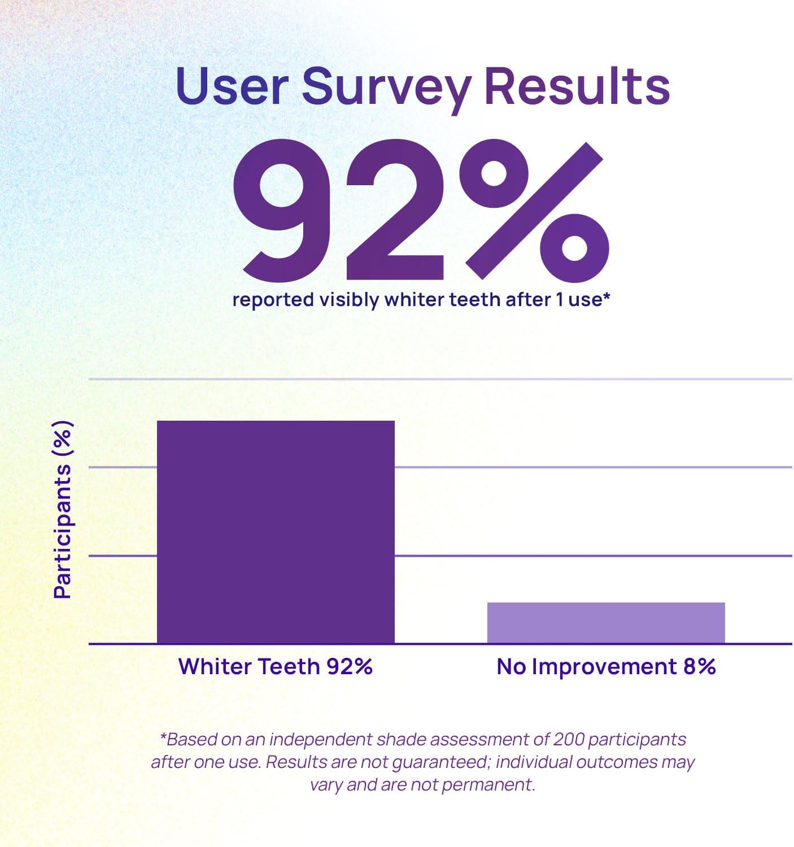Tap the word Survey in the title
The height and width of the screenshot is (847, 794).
(x=386, y=88)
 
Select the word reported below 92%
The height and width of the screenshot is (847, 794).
(x=273, y=299)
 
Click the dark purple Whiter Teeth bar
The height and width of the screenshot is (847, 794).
(x=276, y=531)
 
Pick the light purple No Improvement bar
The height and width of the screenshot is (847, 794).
(x=605, y=622)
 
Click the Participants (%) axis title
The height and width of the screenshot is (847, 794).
(x=63, y=509)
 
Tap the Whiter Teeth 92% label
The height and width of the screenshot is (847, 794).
(x=276, y=666)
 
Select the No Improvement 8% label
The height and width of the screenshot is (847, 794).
(x=606, y=666)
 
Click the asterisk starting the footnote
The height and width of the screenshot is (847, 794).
(x=164, y=737)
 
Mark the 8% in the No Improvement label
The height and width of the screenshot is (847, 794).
(x=699, y=666)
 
